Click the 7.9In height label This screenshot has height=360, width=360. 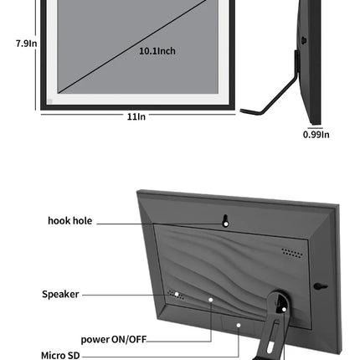pos(26,44)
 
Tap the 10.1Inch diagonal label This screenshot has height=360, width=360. pos(157,51)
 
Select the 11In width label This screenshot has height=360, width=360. pos(136,116)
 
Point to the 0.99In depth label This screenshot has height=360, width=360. pos(316,135)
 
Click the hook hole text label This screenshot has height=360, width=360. pos(70,221)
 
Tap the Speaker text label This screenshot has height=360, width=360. pos(60,294)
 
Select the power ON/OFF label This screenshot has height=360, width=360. pos(114,339)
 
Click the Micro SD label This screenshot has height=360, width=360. pos(60,355)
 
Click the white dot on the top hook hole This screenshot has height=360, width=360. pos(226,224)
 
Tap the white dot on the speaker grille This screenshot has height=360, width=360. pos(177,294)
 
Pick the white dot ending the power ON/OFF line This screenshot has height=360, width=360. pos(211,300)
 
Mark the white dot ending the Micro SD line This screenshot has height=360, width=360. pos(239,325)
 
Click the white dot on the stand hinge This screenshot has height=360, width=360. pos(284,309)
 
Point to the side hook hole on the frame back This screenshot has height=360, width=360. pos(321,286)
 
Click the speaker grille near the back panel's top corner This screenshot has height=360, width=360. pos(292,253)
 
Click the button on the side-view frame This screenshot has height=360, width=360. pos(304,40)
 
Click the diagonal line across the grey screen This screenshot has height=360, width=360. pos(132,46)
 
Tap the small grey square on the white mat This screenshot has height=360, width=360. pos(50,101)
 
